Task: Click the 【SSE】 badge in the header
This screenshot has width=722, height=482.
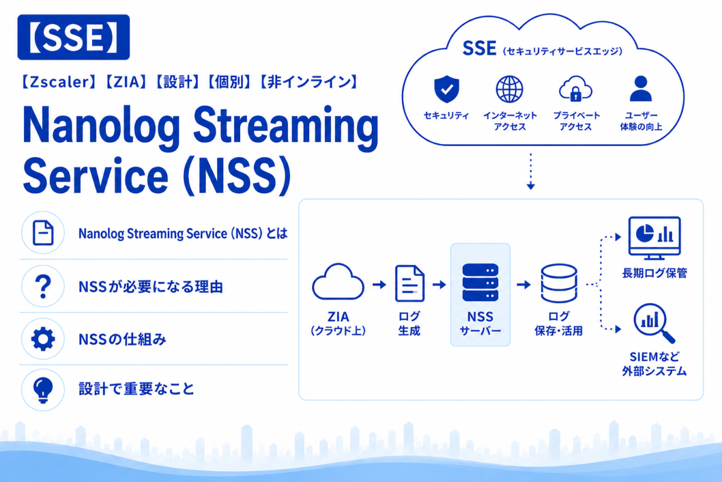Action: pyautogui.click(x=73, y=37)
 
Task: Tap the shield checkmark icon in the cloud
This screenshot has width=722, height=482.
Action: pyautogui.click(x=446, y=89)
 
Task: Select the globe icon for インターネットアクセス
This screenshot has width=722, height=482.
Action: pyautogui.click(x=509, y=89)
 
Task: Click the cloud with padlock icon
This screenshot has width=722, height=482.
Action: pyautogui.click(x=575, y=89)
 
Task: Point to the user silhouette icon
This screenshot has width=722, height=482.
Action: pyautogui.click(x=641, y=89)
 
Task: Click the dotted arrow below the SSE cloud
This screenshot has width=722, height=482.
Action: pyautogui.click(x=531, y=172)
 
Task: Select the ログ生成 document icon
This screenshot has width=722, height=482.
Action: pyautogui.click(x=410, y=283)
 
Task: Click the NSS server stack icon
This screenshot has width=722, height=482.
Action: pyautogui.click(x=480, y=283)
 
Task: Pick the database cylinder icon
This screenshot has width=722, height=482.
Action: pyautogui.click(x=558, y=283)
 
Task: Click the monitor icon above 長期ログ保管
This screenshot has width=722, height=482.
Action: pyautogui.click(x=655, y=238)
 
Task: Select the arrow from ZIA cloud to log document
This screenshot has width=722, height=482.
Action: pyautogui.click(x=380, y=284)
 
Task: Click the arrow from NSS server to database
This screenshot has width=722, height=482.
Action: pyautogui.click(x=523, y=284)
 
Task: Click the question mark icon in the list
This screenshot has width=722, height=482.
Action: pyautogui.click(x=43, y=286)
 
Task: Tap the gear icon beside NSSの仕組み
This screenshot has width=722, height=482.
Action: pyautogui.click(x=43, y=339)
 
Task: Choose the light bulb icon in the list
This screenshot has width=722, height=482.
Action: pyautogui.click(x=43, y=390)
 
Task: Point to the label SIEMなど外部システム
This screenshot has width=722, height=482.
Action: pyautogui.click(x=655, y=364)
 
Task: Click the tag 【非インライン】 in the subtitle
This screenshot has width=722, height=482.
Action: pyautogui.click(x=309, y=82)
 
